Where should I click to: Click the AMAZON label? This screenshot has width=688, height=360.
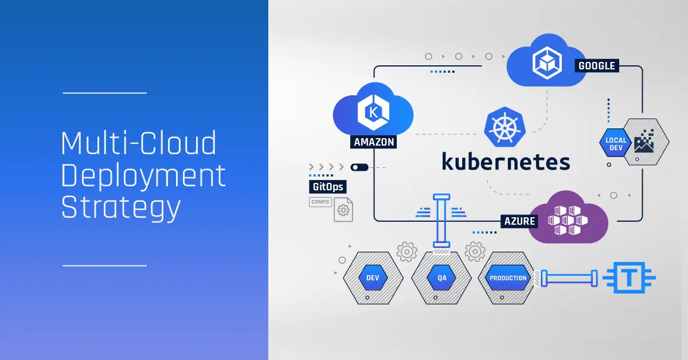[x=374, y=142]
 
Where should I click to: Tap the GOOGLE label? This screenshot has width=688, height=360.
[x=596, y=65]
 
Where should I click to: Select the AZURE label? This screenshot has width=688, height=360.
[x=520, y=221]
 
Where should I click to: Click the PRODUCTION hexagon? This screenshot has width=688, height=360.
[x=507, y=278]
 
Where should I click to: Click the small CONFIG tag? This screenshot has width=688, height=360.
[x=320, y=202]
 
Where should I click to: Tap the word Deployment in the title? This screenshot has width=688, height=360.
[x=143, y=175]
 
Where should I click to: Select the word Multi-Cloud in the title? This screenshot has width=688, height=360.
[x=139, y=143]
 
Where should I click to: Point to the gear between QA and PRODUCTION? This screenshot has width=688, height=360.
[x=475, y=251]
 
